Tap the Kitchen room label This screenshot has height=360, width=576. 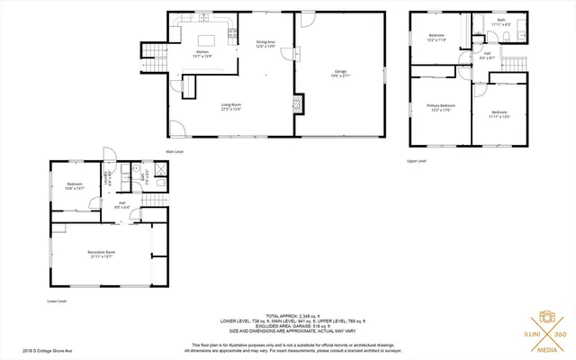(203, 52)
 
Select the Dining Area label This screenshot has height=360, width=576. (265, 43)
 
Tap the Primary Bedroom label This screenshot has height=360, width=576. (440, 107)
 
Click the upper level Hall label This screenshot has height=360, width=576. (486, 56)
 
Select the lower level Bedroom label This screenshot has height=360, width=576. (75, 185)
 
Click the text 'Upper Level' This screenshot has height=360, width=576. (416, 161)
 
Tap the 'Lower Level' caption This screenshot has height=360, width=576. (58, 301)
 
